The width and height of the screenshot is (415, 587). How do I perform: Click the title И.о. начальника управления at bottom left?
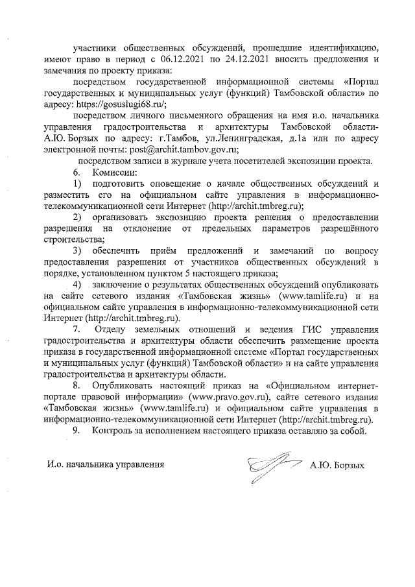pos(104,465)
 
